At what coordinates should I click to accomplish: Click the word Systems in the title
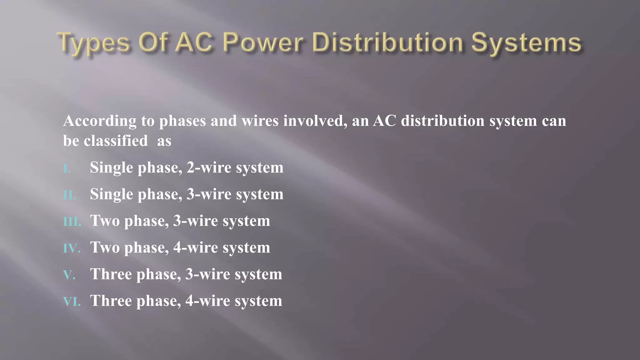coord(526,43)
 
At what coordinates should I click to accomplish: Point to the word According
coord(100,121)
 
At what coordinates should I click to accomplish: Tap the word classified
coord(116,141)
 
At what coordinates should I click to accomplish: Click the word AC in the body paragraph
coord(384,121)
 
